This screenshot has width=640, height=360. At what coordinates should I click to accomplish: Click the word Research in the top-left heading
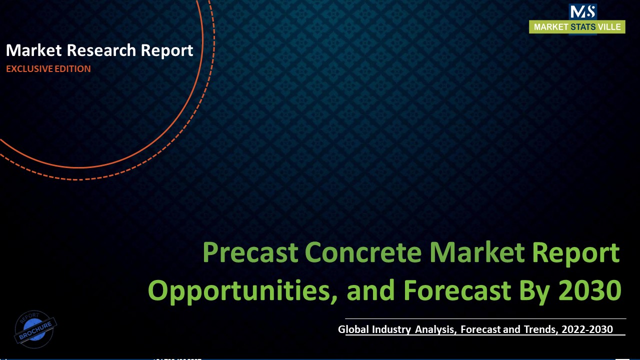click(x=102, y=50)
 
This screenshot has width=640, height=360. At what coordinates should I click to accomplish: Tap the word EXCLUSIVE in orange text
click(x=26, y=69)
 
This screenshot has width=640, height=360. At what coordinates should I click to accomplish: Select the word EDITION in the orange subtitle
click(x=70, y=69)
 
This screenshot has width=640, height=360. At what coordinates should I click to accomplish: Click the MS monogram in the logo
click(x=582, y=12)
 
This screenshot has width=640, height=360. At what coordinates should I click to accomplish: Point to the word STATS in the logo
click(x=583, y=27)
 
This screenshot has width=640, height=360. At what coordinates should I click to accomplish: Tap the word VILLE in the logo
click(x=610, y=27)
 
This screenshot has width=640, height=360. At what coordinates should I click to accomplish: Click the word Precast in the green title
click(x=250, y=253)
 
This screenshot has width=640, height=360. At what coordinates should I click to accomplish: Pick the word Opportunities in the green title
click(x=239, y=290)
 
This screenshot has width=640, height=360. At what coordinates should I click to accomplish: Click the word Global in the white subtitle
click(x=353, y=329)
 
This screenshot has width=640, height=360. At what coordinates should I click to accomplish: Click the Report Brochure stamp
click(x=35, y=329)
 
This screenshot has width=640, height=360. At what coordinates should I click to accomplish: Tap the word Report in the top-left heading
click(x=167, y=50)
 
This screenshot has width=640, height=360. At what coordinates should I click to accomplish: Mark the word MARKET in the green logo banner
click(x=551, y=27)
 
